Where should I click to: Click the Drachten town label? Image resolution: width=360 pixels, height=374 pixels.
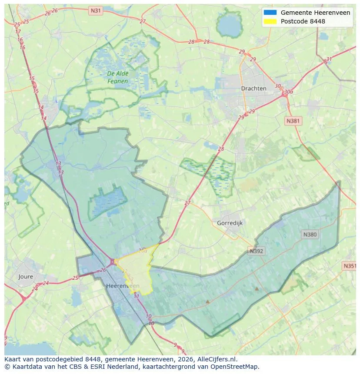tap(253, 88)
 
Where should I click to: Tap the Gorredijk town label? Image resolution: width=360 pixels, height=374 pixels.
tap(230, 223)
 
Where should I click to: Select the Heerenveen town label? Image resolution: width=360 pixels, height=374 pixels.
tap(123, 286)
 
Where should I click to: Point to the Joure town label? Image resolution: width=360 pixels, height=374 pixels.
tap(26, 276)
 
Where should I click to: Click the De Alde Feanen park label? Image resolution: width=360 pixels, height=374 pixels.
tap(117, 77)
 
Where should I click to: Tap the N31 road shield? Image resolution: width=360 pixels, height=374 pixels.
tap(95, 10)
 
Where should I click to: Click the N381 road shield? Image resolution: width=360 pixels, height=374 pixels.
tap(293, 121)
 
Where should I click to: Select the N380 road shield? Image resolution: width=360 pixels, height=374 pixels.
tap(310, 235)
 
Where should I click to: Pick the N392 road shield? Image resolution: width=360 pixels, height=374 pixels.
tap(257, 251)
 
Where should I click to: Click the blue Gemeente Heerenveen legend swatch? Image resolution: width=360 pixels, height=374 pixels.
tap(270, 13)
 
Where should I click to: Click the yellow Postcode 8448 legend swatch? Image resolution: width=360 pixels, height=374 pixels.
tap(270, 21)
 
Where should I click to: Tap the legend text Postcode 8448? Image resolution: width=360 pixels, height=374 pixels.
tap(303, 21)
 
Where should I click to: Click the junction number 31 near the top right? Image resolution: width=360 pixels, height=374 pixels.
tap(329, 60)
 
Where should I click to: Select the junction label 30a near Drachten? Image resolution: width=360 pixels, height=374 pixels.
tap(288, 92)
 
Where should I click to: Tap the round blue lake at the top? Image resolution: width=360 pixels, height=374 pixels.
tap(229, 27)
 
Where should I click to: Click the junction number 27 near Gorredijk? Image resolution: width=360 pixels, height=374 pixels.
tap(187, 203)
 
